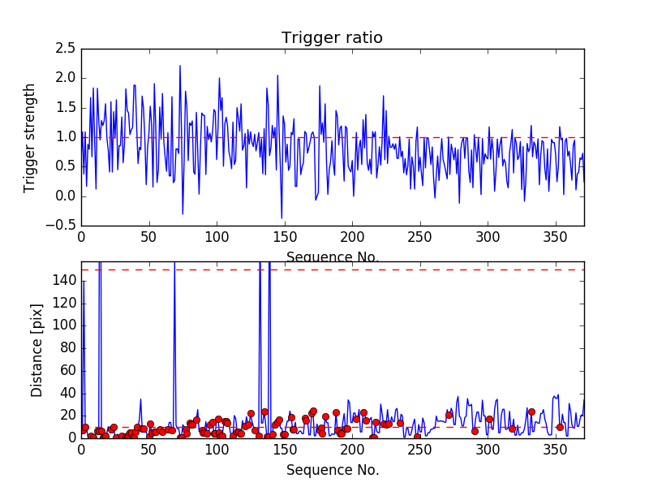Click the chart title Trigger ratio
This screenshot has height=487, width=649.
(x=332, y=38)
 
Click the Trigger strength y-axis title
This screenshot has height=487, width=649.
(x=30, y=137)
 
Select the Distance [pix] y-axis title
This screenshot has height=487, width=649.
(x=37, y=350)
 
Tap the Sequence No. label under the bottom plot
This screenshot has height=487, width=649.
(x=333, y=470)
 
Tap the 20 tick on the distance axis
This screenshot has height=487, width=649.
(x=67, y=415)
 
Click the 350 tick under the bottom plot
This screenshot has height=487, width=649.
(x=556, y=450)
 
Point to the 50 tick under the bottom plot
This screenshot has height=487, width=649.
(x=148, y=450)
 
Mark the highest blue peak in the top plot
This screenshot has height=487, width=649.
(x=180, y=66)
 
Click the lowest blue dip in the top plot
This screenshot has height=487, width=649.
(x=282, y=218)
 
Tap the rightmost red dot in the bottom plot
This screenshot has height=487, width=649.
(x=560, y=427)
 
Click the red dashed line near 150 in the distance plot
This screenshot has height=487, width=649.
(x=365, y=269)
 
